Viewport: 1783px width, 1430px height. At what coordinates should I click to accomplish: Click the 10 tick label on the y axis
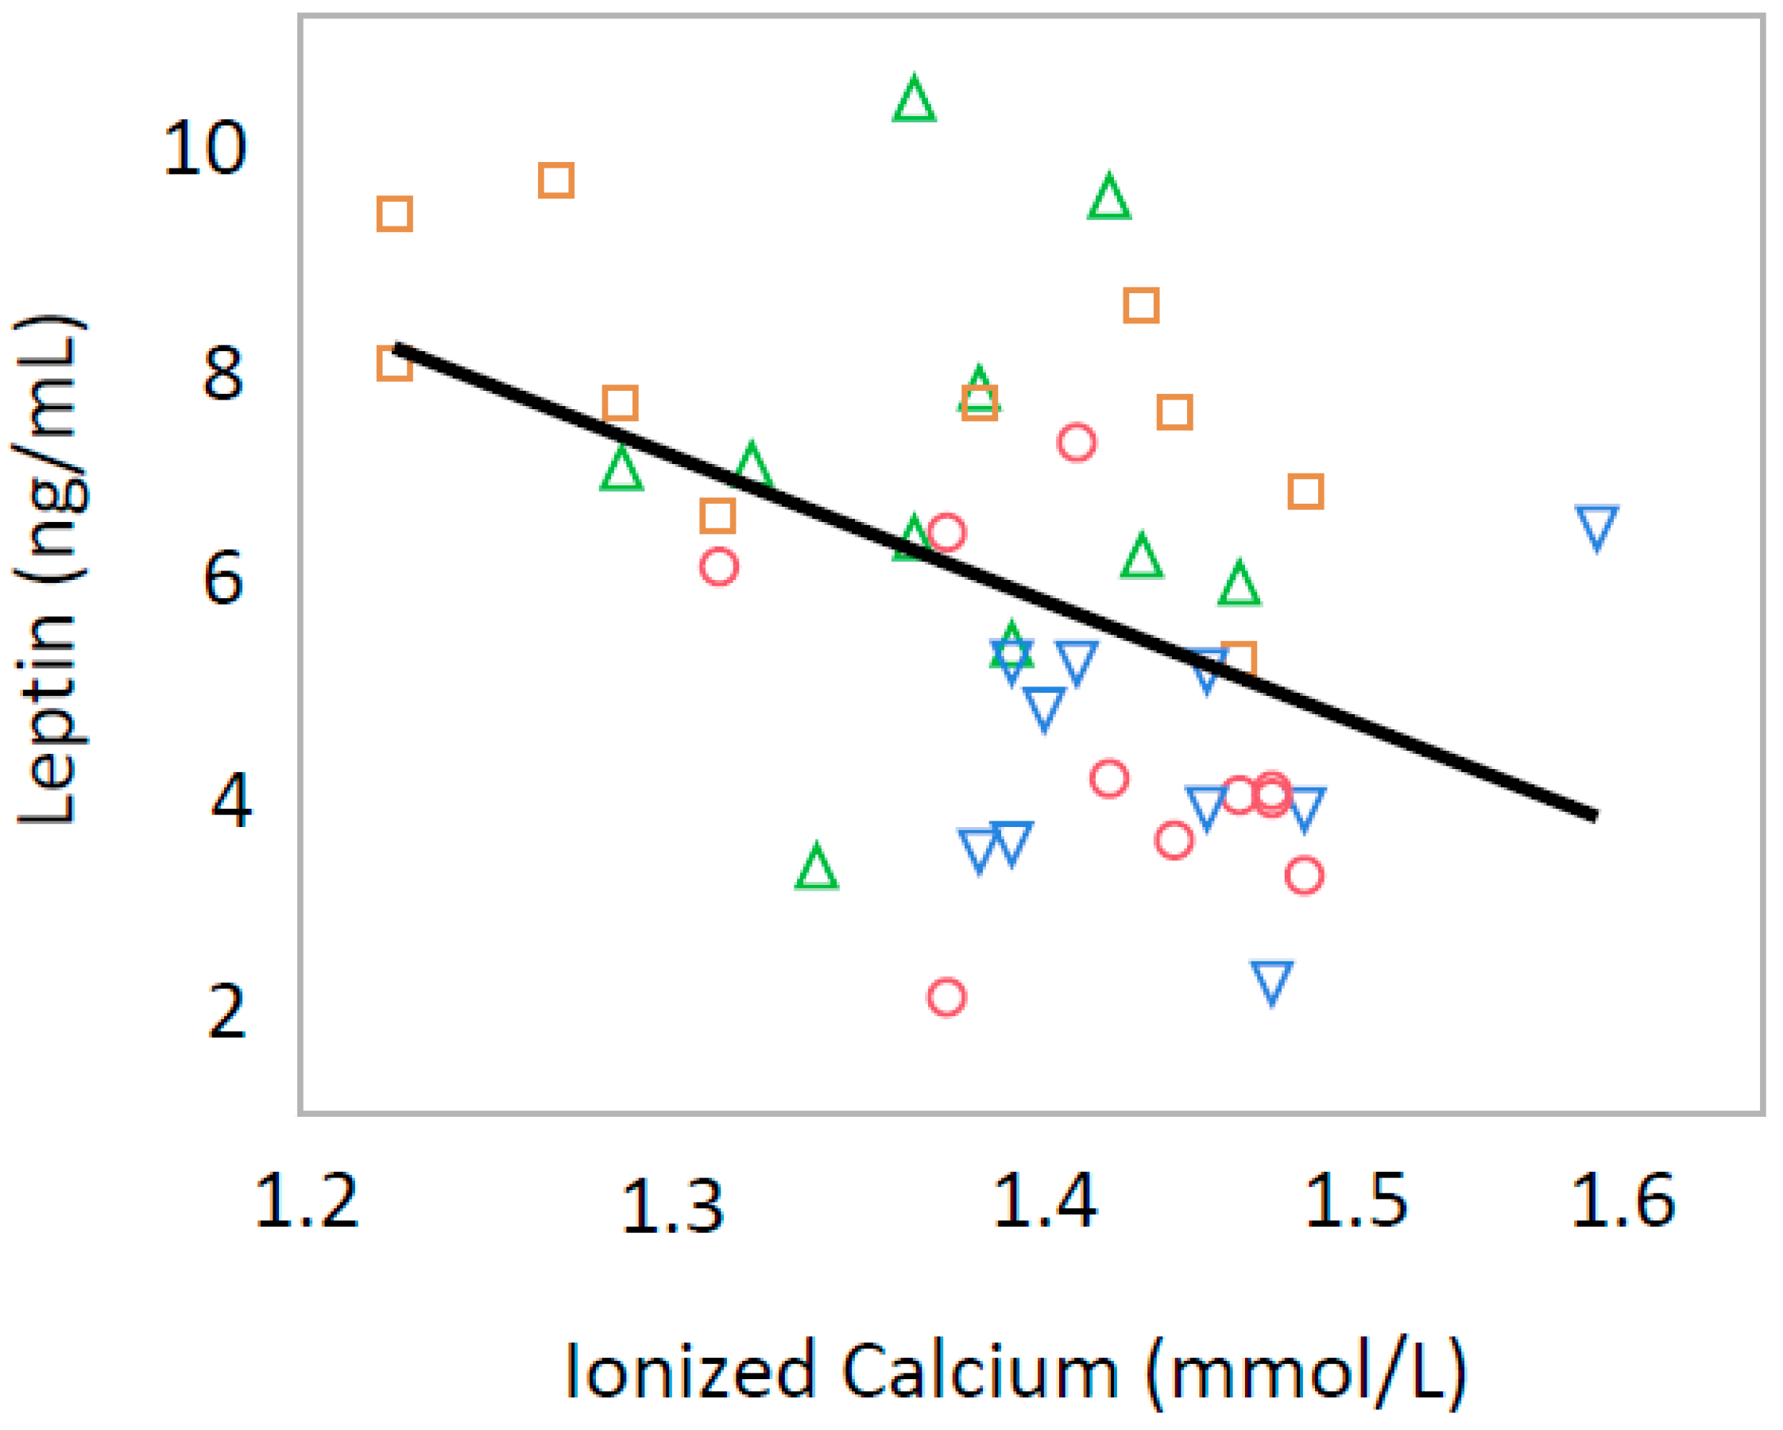click(204, 149)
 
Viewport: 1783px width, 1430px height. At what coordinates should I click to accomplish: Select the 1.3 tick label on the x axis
click(672, 1207)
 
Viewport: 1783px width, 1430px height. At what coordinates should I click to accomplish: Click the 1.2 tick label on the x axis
click(307, 1200)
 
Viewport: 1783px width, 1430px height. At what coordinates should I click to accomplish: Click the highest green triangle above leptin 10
click(914, 101)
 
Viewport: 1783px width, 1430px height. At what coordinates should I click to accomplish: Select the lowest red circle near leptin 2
click(946, 996)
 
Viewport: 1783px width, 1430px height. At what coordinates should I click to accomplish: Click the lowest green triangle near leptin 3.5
click(816, 868)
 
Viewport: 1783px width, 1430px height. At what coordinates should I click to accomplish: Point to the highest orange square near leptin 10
click(555, 180)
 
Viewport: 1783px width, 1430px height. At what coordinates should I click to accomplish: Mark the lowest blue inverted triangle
click(1271, 981)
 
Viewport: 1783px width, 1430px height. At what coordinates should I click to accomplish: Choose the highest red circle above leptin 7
click(1076, 443)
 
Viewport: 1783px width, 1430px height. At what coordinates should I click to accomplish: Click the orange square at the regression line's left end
click(394, 363)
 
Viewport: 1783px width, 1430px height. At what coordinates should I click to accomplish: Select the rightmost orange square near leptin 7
click(1305, 492)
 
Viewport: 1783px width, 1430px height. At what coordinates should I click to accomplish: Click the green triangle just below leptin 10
click(1108, 199)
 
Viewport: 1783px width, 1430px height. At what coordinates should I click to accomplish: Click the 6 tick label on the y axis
click(223, 578)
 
